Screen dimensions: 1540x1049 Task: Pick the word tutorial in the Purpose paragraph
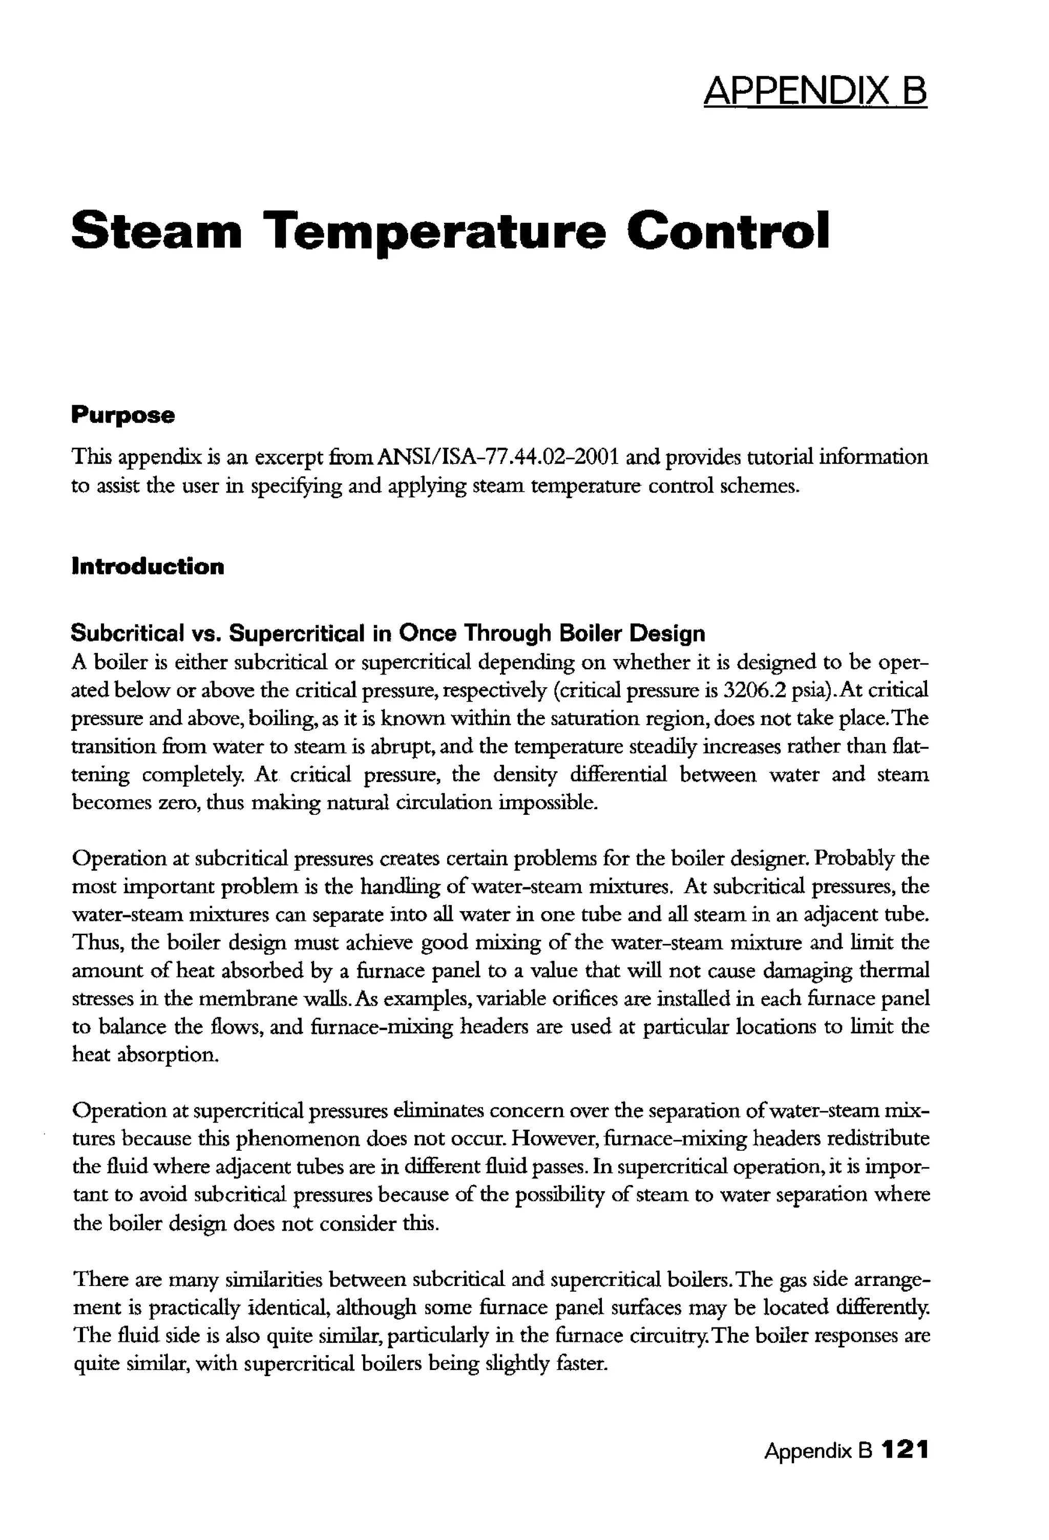pyautogui.click(x=779, y=457)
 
